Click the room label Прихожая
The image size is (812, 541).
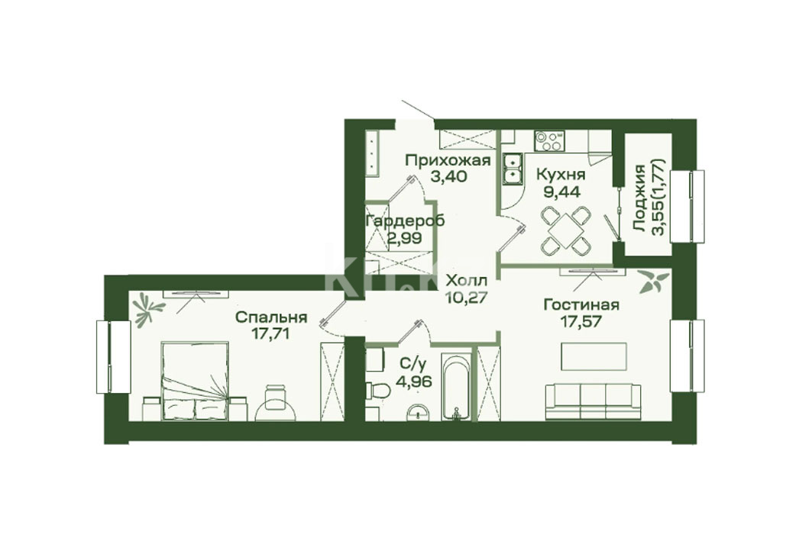(448, 160)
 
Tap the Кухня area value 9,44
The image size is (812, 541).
(561, 192)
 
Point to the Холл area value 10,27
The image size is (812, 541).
(467, 298)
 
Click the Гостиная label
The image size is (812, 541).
(581, 304)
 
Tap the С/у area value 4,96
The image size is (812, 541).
(413, 382)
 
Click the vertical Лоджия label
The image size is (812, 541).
(639, 198)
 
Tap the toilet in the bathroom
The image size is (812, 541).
(377, 389)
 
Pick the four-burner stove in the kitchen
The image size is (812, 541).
(549, 141)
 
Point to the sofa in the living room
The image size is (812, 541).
(594, 401)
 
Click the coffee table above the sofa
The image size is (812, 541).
(594, 357)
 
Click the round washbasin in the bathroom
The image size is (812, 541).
(418, 413)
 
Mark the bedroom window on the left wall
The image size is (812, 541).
(112, 357)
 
